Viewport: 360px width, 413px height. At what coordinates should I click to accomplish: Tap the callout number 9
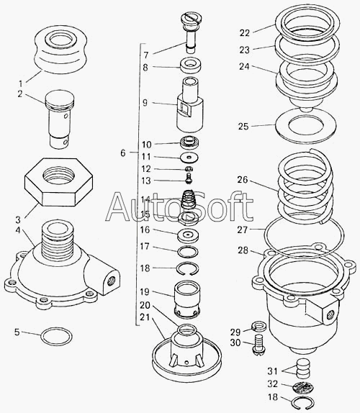point(145,103)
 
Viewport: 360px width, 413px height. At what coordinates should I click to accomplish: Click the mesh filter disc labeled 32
point(303,387)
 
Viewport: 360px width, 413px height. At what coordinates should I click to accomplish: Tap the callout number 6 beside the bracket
point(123,153)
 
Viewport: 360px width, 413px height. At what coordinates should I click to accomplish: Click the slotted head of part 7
point(192,19)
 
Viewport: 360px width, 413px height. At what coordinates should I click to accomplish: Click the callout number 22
point(244,33)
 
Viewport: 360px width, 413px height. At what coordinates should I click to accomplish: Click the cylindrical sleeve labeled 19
point(187,299)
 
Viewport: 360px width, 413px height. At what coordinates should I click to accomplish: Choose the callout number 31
point(273,371)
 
